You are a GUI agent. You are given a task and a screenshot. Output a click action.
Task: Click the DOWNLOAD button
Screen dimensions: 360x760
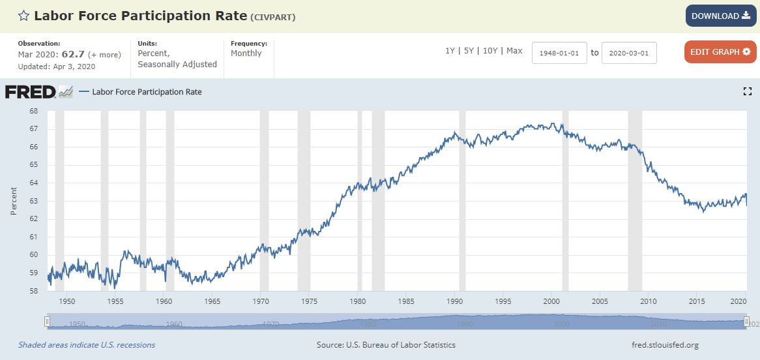[720, 16]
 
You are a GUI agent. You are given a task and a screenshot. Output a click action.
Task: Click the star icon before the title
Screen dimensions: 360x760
[23, 16]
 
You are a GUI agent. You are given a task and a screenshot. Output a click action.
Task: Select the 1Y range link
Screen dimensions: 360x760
[450, 51]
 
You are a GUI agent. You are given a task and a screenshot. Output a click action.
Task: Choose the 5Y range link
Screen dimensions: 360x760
[469, 51]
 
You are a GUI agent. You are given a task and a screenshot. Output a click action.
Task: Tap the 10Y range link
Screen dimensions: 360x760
[490, 51]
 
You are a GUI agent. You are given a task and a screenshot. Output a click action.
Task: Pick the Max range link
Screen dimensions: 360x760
[514, 51]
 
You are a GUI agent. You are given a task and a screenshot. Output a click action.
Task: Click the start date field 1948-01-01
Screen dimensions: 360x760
[559, 53]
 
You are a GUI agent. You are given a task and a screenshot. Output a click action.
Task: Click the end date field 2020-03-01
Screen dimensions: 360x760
[629, 53]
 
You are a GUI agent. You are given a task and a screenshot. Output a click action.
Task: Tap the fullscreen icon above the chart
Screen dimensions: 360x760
[748, 92]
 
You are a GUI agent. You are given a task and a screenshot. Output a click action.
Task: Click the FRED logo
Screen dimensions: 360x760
[30, 92]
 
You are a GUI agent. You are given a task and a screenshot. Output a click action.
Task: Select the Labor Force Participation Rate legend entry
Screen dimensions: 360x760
[147, 92]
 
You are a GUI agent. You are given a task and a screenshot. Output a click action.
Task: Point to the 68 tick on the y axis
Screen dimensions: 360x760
[33, 111]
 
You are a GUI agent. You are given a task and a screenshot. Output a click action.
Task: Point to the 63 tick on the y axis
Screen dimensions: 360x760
[33, 201]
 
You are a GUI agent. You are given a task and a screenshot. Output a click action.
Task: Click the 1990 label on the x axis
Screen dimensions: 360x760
[454, 301]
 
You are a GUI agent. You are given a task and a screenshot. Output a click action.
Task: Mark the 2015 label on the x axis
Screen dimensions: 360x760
[697, 301]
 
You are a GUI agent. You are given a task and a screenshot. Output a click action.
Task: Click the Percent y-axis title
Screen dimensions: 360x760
[14, 201]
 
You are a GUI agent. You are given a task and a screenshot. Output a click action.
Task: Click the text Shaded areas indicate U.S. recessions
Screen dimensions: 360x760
[87, 345]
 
